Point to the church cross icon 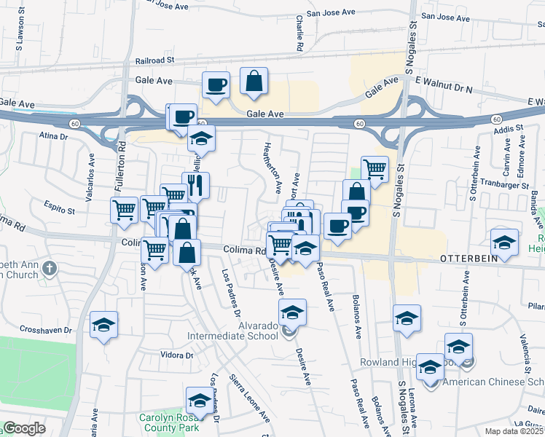50,268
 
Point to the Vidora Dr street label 176,355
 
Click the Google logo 24,428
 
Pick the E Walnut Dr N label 444,89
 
